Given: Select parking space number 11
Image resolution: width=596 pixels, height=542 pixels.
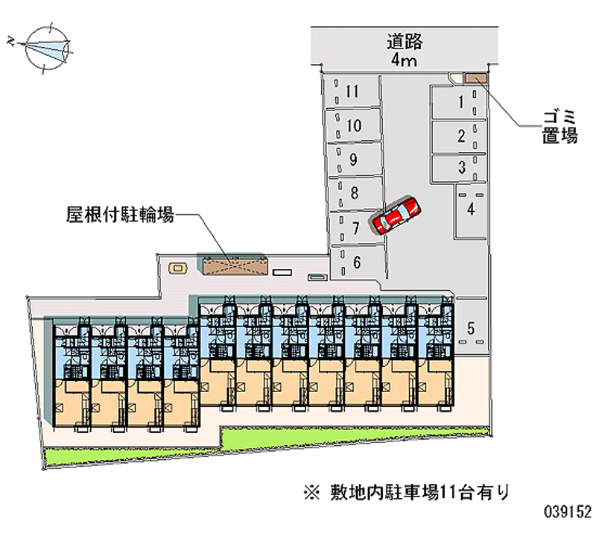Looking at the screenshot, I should point(352,92).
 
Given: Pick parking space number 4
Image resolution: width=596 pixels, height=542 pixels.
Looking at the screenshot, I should point(471,209).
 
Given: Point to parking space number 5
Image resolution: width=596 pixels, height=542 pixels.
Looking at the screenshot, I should point(471,327).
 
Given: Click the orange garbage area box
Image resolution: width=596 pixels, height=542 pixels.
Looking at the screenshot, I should point(474,77).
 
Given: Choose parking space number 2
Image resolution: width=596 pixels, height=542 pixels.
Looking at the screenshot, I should point(462,136).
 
